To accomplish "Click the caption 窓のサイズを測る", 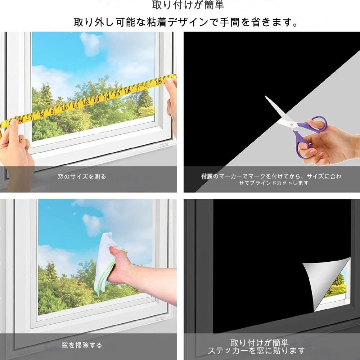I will point(82,177).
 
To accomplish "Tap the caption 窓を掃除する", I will point(81,345).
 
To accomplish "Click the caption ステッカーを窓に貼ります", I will point(256,350).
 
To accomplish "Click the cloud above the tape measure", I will point(90,43).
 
